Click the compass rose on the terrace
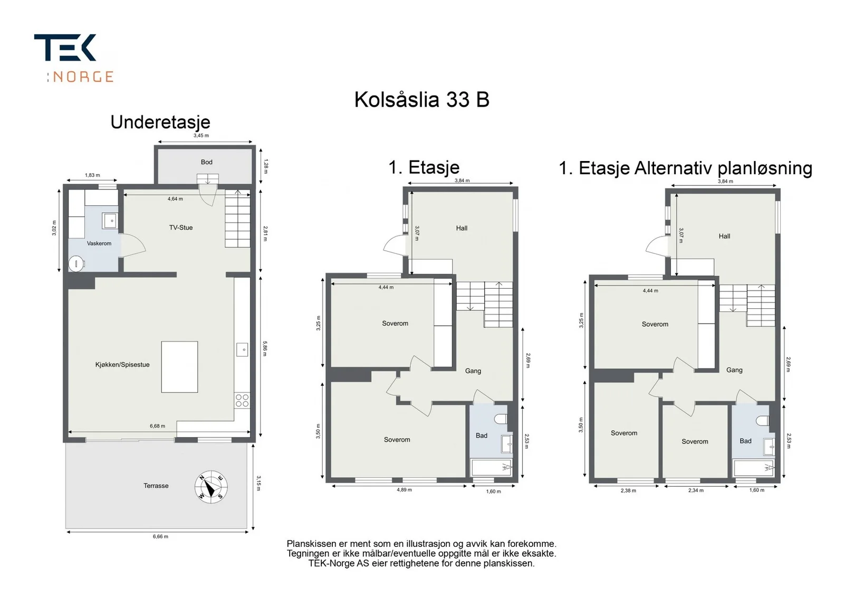tap(211, 487)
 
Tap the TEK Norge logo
tap(74, 58)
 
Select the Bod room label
tap(206, 162)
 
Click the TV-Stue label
tap(181, 228)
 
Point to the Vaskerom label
tap(99, 244)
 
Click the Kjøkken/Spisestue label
tap(122, 365)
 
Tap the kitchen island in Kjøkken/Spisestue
tap(180, 367)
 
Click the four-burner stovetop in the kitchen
tap(242, 401)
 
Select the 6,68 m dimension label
tap(158, 426)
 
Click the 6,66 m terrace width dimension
tap(160, 536)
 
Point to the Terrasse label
tap(156, 486)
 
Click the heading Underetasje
tap(160, 122)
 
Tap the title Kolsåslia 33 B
tap(421, 100)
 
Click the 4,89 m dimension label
tap(404, 490)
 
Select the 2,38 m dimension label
tap(628, 491)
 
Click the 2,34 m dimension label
tap(696, 490)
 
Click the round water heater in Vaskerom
tap(76, 264)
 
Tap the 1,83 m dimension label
tap(92, 175)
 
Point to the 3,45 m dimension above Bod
tap(201, 135)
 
